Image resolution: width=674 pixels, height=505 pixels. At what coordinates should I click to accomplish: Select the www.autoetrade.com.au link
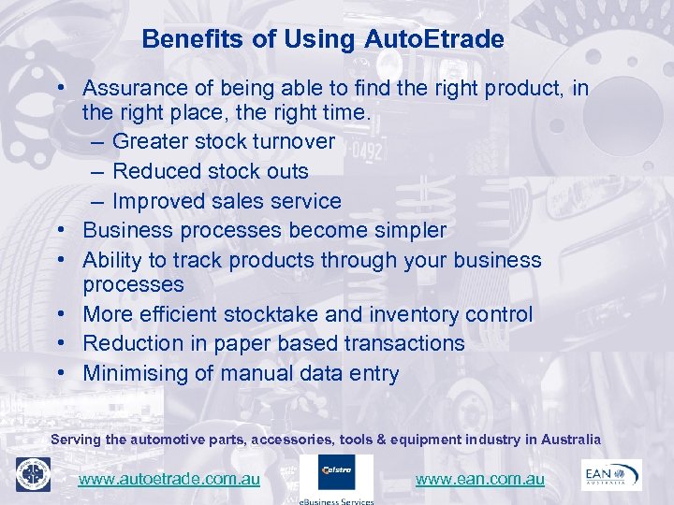[x=169, y=479]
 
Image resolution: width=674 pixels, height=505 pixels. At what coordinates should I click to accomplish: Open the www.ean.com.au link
[x=479, y=479]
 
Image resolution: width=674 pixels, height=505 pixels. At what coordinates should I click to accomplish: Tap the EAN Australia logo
[x=611, y=474]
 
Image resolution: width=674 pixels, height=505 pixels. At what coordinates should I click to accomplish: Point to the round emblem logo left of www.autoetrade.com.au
[x=33, y=475]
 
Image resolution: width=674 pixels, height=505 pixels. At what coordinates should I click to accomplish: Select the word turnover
[x=292, y=141]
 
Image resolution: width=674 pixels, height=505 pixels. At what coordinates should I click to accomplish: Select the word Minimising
[x=137, y=373]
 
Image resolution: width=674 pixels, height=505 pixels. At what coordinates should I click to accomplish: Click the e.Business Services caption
[x=337, y=501]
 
